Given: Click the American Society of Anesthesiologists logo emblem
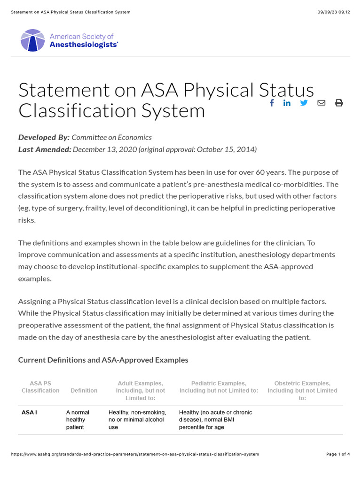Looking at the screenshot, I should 32,40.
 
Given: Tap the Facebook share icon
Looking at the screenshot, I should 272,103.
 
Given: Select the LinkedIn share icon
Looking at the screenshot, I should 287,103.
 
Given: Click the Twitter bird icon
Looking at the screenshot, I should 304,103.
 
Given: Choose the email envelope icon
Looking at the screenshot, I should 321,103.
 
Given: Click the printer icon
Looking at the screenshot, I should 338,103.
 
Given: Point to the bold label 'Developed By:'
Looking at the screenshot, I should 44,137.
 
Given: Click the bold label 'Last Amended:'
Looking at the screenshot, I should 45,149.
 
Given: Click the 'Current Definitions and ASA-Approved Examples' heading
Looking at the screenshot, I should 103,360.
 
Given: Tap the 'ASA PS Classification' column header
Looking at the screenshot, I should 40,387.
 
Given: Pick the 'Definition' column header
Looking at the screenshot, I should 84,390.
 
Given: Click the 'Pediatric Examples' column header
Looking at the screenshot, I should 219,387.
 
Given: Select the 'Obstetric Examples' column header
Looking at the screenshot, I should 302,390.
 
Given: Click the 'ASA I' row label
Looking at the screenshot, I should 29,412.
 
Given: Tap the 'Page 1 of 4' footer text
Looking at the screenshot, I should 338,454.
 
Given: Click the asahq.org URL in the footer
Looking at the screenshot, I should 134,454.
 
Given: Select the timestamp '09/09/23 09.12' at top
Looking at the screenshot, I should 334,12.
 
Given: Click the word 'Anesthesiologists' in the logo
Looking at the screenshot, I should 83,45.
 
